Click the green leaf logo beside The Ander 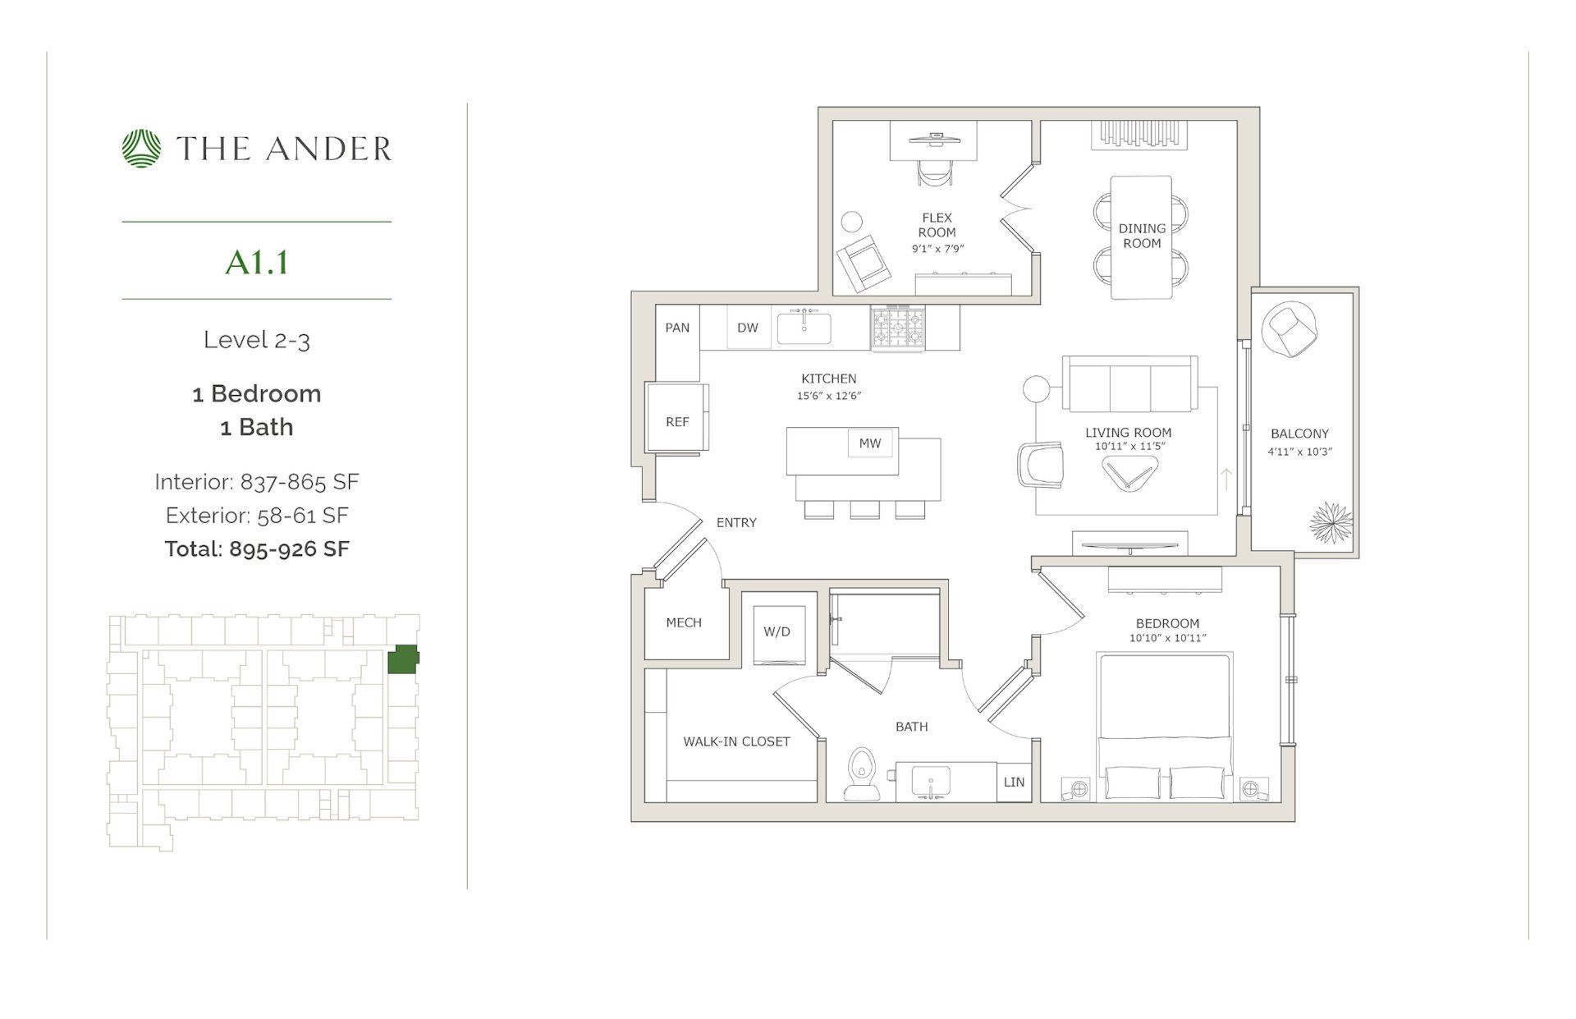tap(141, 149)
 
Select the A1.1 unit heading tap(257, 263)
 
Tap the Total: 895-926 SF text tap(257, 549)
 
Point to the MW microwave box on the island tap(870, 443)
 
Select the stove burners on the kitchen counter tap(898, 328)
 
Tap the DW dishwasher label tap(748, 328)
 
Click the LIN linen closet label tap(1014, 782)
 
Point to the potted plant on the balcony tap(1330, 523)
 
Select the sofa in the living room tap(1129, 384)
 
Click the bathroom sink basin tap(931, 779)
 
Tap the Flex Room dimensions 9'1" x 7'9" tap(937, 248)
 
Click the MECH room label tap(684, 622)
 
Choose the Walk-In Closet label tap(736, 741)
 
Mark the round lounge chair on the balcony tap(1292, 329)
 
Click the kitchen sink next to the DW tap(804, 328)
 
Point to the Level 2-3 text tap(257, 340)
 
